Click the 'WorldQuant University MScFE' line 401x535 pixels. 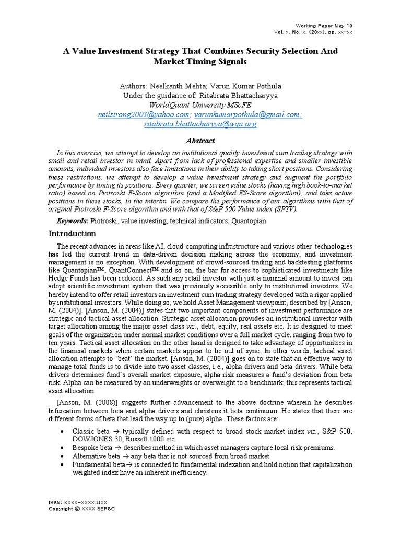200,105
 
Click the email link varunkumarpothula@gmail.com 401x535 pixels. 248,114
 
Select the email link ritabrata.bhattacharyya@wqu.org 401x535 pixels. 200,124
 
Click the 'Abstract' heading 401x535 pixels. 200,141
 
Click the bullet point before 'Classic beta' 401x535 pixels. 62,431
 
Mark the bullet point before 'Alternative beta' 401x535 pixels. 62,456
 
